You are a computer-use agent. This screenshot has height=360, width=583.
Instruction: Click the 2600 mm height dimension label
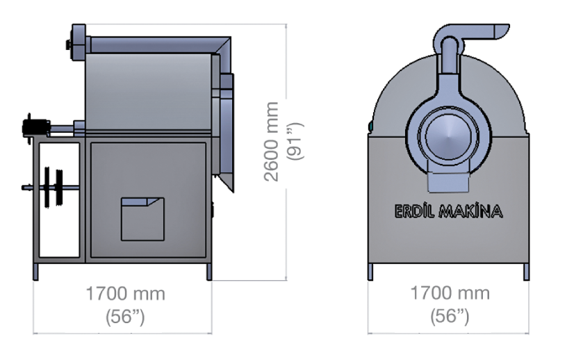coord(271,142)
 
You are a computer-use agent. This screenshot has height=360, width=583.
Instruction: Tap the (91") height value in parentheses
coord(295,142)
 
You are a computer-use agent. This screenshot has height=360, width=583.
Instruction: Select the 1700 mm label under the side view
coord(125,294)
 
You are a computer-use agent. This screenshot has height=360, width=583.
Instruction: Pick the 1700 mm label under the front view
coord(450,293)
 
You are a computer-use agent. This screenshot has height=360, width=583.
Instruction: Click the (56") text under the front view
coord(450,316)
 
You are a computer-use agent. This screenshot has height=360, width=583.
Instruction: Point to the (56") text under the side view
coord(125,317)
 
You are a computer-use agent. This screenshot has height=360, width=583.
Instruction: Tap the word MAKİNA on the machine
coord(470,211)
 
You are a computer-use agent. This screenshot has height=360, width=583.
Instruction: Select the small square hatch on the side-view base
coord(142,219)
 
